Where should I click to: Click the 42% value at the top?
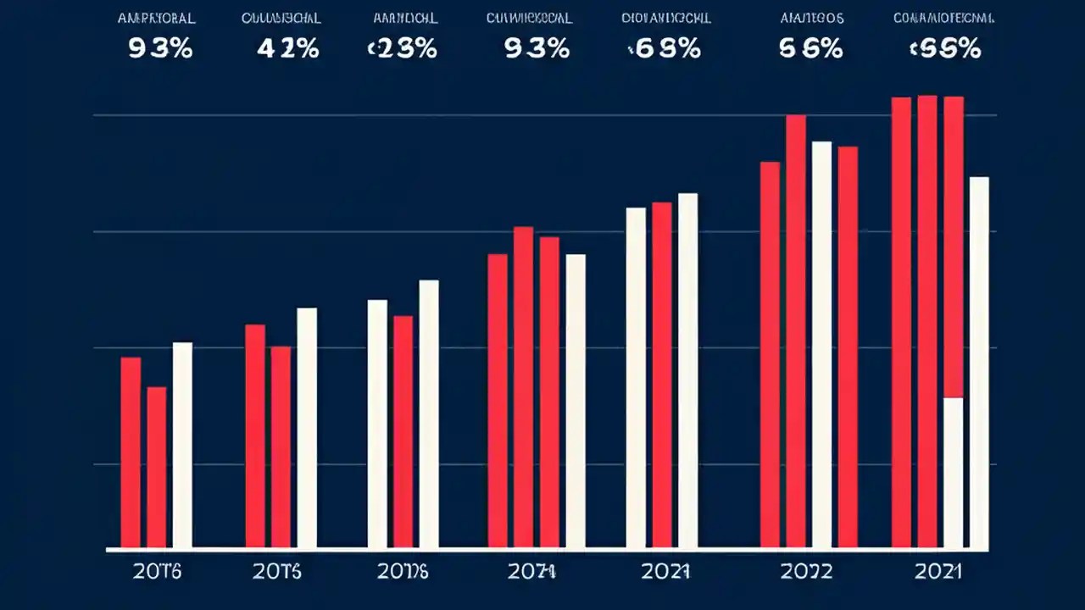point(288,49)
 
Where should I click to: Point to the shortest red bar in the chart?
point(157,467)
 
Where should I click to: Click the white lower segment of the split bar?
point(953,473)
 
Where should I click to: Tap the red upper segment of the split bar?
point(953,247)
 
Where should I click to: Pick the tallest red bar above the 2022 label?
point(796,331)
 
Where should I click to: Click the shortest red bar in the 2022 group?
point(848,347)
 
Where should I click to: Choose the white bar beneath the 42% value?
point(307,428)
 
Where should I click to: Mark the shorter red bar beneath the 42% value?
point(281,446)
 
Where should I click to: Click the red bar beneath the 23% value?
point(403,431)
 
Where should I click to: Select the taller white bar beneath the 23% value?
point(429,413)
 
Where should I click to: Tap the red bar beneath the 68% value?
point(661,374)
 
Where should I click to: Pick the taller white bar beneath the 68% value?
point(687,370)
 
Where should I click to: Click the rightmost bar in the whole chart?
point(979,363)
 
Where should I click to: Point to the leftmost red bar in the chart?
point(131,452)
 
